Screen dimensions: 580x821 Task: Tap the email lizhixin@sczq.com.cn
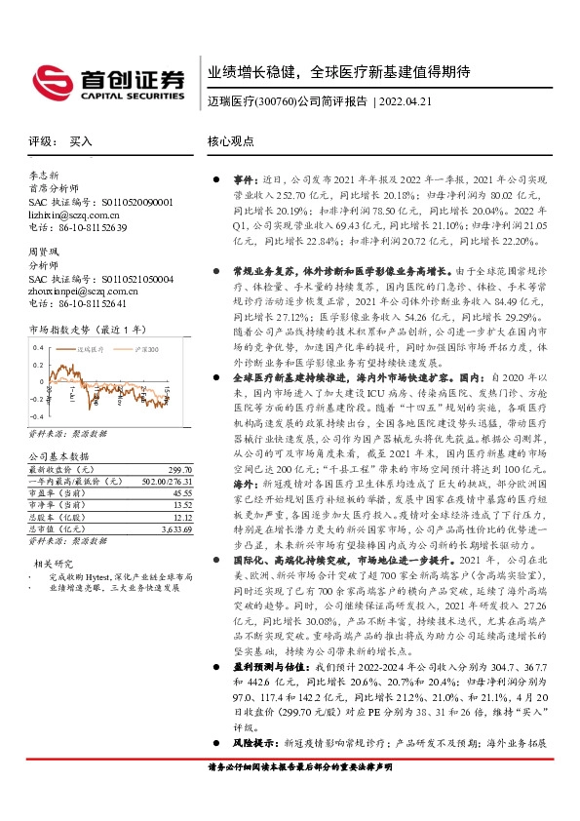[x=71, y=215]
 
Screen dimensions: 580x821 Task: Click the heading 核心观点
[x=229, y=141]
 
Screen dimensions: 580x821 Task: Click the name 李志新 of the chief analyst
[x=43, y=176]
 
